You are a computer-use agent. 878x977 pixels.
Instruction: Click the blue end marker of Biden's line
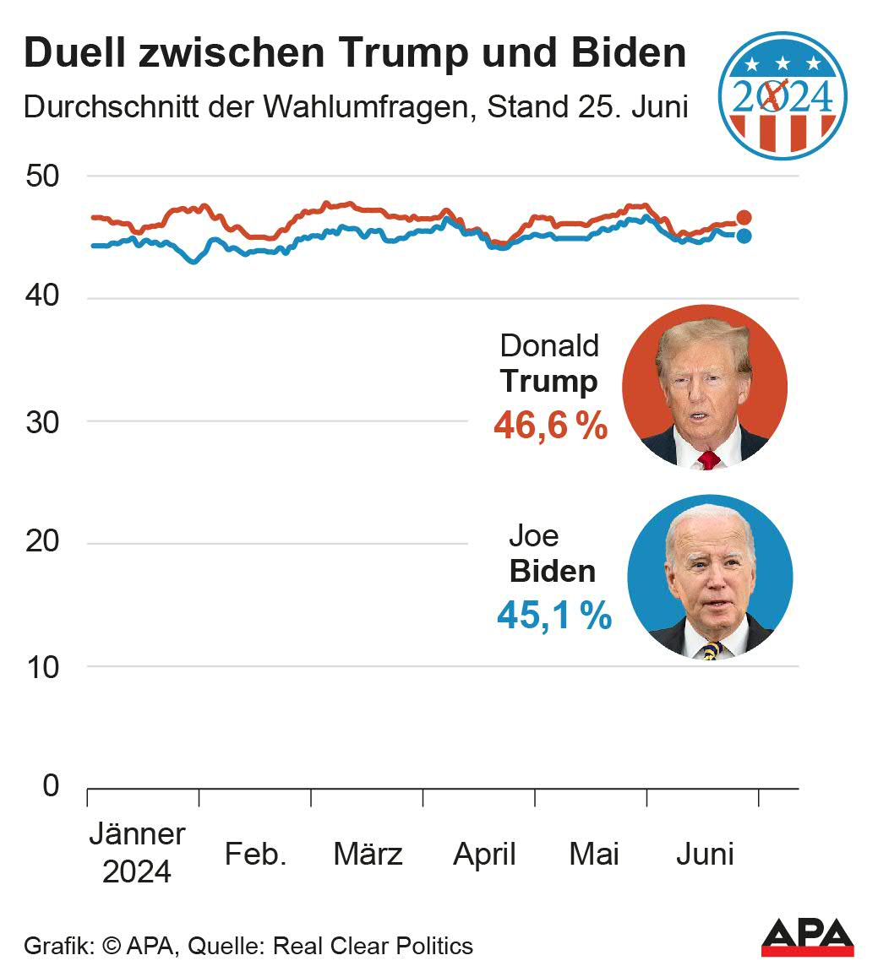click(744, 236)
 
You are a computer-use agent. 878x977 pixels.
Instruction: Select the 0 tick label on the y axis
click(52, 786)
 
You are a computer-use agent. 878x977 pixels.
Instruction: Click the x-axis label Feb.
click(255, 855)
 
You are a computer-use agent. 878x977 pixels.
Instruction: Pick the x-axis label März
click(368, 855)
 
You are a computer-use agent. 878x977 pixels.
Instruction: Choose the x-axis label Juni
click(705, 855)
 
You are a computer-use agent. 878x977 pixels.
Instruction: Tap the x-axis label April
click(484, 855)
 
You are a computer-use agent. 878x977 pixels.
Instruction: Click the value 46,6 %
click(550, 426)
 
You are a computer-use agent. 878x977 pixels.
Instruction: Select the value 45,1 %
click(554, 616)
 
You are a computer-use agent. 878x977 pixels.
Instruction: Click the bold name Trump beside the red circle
click(548, 381)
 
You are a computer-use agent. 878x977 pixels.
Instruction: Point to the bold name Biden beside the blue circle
click(553, 571)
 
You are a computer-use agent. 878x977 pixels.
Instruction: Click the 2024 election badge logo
click(782, 95)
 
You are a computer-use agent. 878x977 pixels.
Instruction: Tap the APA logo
click(807, 937)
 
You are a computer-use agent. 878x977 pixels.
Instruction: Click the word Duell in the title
click(75, 54)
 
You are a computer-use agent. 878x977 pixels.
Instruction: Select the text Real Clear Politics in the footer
click(372, 946)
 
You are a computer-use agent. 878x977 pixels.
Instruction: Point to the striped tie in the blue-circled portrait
click(712, 650)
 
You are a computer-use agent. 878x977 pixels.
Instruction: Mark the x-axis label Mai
click(594, 855)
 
